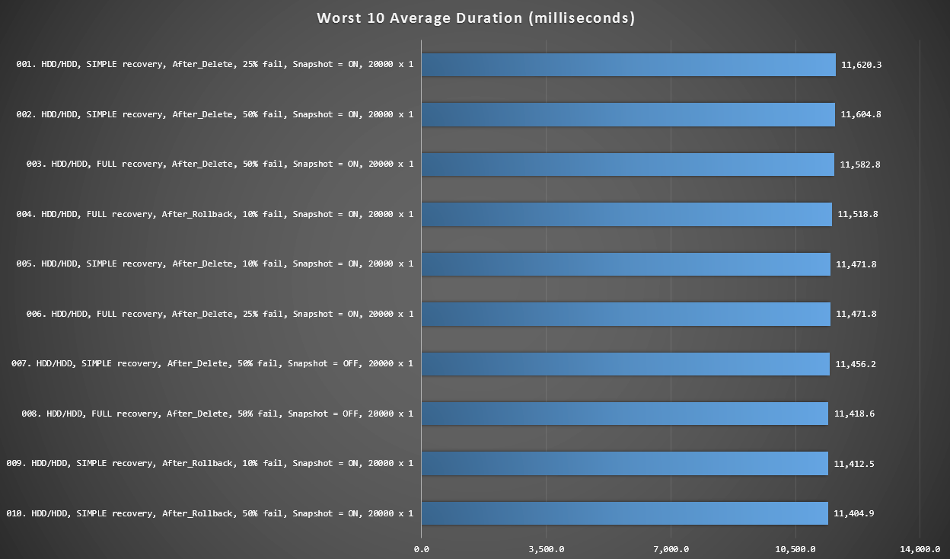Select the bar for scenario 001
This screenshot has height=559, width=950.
[628, 65]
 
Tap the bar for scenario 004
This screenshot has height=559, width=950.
[626, 214]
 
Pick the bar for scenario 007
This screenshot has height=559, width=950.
[625, 364]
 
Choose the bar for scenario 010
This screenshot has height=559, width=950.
[624, 513]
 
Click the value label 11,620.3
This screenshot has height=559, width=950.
[862, 65]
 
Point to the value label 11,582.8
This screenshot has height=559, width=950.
[860, 165]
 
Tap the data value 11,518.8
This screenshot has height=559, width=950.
[858, 214]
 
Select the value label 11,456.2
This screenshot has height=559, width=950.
[856, 364]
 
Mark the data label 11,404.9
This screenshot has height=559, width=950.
[854, 513]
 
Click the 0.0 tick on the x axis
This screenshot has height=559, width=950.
[421, 549]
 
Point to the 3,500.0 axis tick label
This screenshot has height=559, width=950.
[546, 549]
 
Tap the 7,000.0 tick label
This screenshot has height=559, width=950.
[671, 549]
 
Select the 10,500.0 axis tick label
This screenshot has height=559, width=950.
[795, 549]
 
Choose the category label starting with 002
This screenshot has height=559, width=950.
[215, 114]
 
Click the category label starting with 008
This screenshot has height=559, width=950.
[217, 414]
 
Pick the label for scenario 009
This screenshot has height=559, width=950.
[209, 463]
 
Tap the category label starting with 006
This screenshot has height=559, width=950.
[215, 314]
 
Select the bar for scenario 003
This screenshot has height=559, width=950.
[627, 165]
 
